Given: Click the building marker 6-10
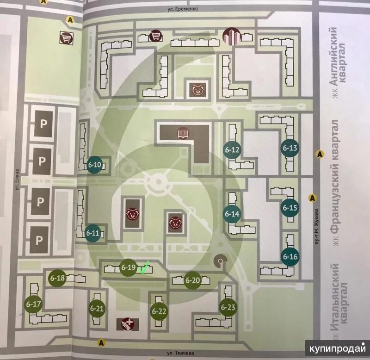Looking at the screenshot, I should [x=95, y=164].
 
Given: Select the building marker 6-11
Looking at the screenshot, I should [x=93, y=233].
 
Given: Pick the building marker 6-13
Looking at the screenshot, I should [x=290, y=148].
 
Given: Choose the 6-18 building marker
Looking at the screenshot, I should [x=57, y=278].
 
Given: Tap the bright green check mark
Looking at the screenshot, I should [x=144, y=267].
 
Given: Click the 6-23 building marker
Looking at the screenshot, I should [x=228, y=307].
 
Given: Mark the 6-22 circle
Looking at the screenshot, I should [x=159, y=311].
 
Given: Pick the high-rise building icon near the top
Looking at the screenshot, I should [x=230, y=36].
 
